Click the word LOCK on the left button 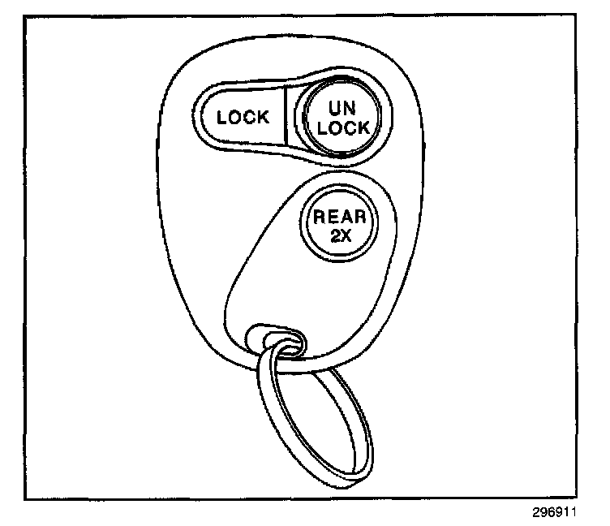pyautogui.click(x=243, y=118)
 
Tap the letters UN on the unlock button pyautogui.click(x=341, y=108)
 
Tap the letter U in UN pyautogui.click(x=333, y=108)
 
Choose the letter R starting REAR pyautogui.click(x=320, y=218)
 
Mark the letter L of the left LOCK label pyautogui.click(x=221, y=118)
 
